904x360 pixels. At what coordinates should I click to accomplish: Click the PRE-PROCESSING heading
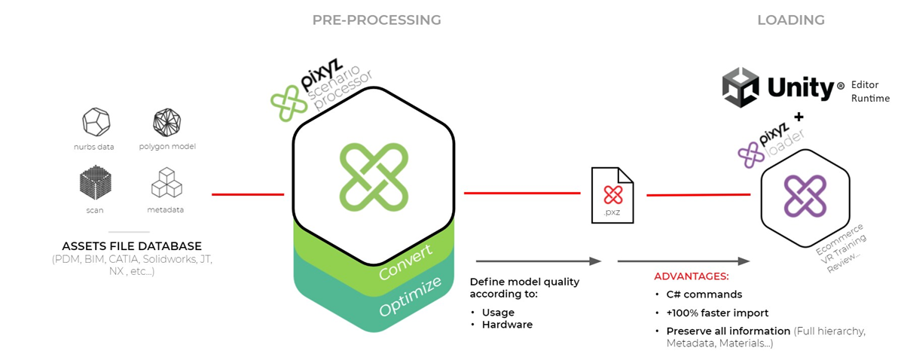pyautogui.click(x=377, y=20)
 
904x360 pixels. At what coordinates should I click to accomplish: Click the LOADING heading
pyautogui.click(x=790, y=20)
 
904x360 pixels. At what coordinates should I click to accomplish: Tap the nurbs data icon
pyautogui.click(x=96, y=122)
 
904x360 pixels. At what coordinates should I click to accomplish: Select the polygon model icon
pyautogui.click(x=166, y=122)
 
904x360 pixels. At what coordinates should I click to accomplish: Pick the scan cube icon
pyautogui.click(x=95, y=182)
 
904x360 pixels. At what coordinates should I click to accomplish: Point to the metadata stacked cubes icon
pyautogui.click(x=166, y=182)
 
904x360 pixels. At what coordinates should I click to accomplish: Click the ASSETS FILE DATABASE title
pyautogui.click(x=132, y=246)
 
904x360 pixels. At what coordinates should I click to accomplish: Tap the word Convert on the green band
pyautogui.click(x=405, y=262)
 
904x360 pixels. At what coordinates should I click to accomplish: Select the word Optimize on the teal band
pyautogui.click(x=410, y=296)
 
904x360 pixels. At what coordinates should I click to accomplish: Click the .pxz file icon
pyautogui.click(x=612, y=195)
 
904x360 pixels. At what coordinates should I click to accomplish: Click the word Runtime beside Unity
pyautogui.click(x=870, y=99)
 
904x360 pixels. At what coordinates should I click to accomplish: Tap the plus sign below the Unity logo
pyautogui.click(x=799, y=117)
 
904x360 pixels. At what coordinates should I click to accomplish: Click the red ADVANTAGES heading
pyautogui.click(x=692, y=276)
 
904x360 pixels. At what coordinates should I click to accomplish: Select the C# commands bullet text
pyautogui.click(x=704, y=294)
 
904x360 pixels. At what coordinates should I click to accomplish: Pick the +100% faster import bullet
pyautogui.click(x=717, y=313)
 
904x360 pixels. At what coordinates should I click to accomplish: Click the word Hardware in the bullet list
pyautogui.click(x=507, y=325)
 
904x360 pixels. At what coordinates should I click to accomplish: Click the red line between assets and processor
pyautogui.click(x=248, y=194)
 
